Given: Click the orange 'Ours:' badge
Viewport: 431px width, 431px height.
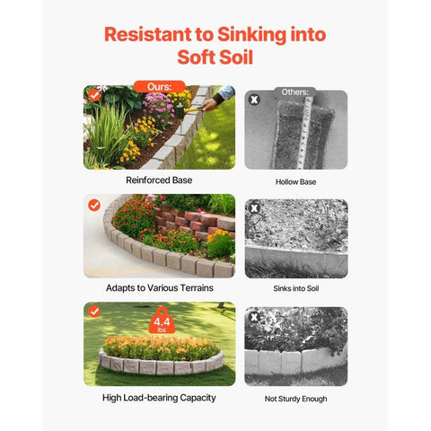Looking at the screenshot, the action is (160, 87).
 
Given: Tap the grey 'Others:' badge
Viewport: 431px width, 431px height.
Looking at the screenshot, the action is (295, 92).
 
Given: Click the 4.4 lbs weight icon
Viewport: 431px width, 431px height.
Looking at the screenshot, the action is (162, 321).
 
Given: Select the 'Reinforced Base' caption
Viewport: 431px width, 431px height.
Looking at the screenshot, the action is (159, 180).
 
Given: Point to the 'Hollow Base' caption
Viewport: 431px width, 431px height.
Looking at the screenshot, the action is (295, 182).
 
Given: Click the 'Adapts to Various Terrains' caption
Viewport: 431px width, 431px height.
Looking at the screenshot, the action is (160, 288).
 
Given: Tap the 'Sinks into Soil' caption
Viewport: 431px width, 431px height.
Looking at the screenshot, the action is (296, 288).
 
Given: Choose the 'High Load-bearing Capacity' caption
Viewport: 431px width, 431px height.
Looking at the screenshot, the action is (159, 398).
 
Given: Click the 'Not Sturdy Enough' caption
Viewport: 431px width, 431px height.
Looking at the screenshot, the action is (295, 399).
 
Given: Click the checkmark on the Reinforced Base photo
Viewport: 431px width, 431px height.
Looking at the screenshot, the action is (94, 95).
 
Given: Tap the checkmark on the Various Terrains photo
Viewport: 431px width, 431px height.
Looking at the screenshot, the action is (94, 206).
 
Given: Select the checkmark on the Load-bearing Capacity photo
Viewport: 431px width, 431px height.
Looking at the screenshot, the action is (94, 312).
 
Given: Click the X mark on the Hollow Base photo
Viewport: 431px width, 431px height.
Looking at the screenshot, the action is (254, 100).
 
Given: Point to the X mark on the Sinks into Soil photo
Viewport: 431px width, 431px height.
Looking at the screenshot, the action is (254, 208).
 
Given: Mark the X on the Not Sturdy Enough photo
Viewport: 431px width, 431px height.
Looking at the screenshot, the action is (254, 317).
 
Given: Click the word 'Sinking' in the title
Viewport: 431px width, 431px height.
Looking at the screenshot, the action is (251, 35).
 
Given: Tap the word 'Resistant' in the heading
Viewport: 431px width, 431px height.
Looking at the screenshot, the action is (148, 34).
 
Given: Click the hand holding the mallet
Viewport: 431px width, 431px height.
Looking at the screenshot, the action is (209, 104).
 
